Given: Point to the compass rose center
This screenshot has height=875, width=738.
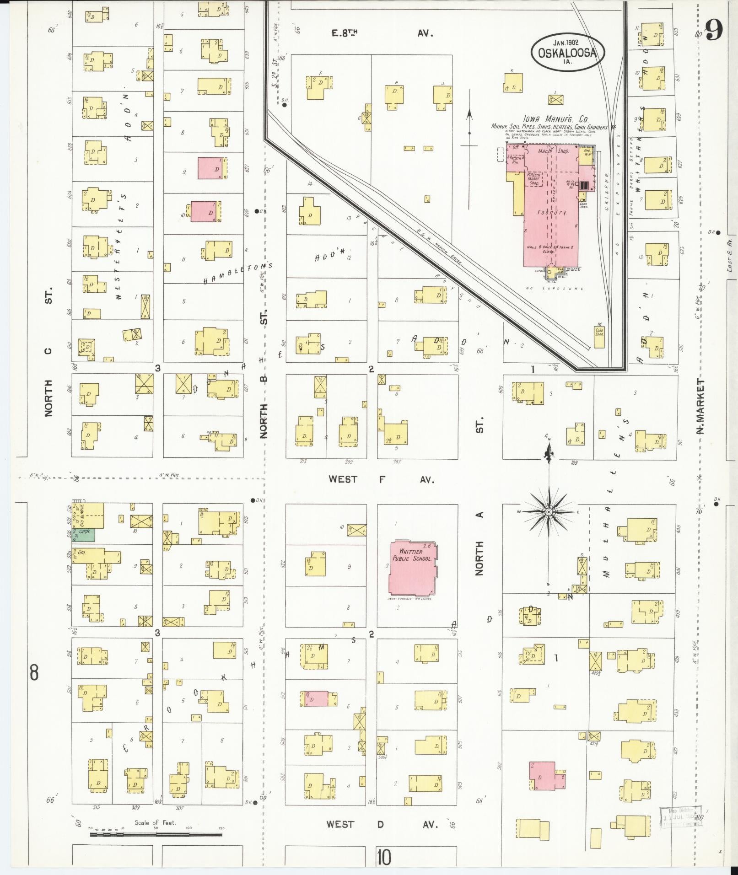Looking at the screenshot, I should click(548, 511).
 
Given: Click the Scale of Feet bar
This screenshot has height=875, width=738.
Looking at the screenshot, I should click(156, 834).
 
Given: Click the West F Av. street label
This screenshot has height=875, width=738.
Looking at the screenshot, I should click(381, 479).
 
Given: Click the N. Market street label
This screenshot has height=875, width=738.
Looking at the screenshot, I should click(700, 406).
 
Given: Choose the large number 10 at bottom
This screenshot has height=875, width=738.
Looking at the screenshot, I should click(384, 858).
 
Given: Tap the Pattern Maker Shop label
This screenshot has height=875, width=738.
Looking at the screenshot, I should click(533, 179).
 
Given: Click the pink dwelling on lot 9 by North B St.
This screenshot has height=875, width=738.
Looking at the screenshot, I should click(210, 168).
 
